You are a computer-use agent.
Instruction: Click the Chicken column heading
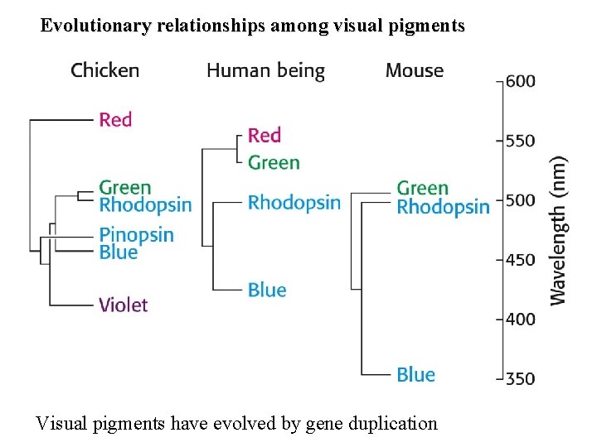coord(104,70)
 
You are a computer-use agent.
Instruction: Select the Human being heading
coord(265,71)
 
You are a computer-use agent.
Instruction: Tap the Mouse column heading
coord(414,70)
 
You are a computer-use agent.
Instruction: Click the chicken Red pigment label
coord(115,120)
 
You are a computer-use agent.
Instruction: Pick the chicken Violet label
coord(123,305)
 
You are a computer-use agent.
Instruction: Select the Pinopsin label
coord(136,235)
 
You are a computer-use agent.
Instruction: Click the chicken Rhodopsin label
coord(144,204)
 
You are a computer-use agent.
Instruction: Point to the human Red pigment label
coord(265,135)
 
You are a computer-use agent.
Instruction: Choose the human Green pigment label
coord(274,162)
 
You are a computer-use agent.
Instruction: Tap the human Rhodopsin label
coord(294,203)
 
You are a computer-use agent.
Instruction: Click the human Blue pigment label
coord(266,290)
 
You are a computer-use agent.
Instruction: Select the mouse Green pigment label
coord(422,189)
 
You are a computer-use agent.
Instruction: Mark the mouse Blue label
coord(415,375)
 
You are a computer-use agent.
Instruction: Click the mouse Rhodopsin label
coord(443,207)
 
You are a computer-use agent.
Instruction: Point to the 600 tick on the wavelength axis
coord(520,81)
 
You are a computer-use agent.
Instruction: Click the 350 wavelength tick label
coord(520,378)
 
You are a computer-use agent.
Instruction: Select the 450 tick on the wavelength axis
coord(520,259)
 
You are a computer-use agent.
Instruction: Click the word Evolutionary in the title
coord(95,26)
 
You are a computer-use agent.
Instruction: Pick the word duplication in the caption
coord(391,424)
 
